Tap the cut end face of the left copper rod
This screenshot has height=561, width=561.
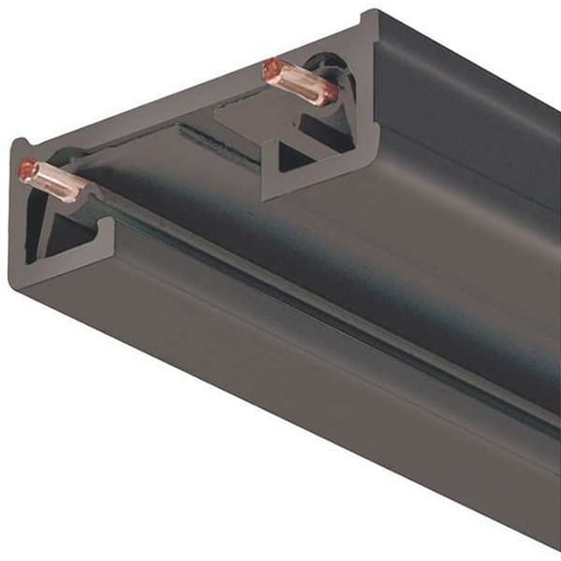pos(27,170)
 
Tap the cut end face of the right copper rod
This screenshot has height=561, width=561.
pos(269,69)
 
